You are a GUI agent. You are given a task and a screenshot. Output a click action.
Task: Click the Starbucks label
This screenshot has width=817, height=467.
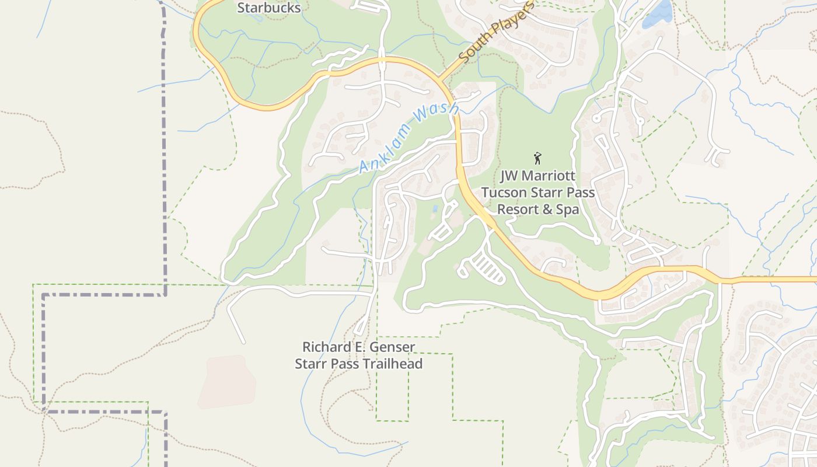(269, 8)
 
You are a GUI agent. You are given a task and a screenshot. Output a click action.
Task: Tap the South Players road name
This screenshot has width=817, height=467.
(497, 33)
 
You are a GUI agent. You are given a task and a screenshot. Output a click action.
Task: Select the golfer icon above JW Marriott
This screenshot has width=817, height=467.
(537, 158)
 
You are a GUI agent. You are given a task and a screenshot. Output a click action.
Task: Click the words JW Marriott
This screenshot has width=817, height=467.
(537, 176)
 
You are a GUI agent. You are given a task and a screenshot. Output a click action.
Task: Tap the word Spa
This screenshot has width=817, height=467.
(568, 209)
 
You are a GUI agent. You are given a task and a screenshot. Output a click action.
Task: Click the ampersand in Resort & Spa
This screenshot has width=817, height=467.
(546, 209)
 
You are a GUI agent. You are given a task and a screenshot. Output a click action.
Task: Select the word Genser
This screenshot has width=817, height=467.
(393, 347)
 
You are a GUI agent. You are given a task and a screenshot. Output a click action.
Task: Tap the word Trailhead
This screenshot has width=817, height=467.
(392, 364)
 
